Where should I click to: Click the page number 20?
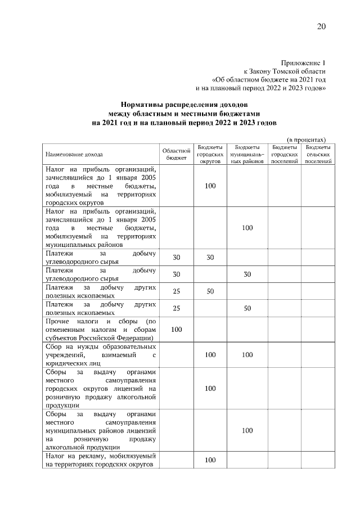321,26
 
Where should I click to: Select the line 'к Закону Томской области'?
284,71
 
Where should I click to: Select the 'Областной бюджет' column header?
176,154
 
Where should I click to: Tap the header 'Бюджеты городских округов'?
210,154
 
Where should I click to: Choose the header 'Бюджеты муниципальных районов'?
247,154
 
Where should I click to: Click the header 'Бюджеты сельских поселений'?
318,154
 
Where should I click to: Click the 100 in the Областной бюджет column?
176,329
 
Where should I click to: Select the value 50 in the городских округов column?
210,291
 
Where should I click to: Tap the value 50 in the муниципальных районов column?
247,308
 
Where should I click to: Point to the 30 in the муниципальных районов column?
247,274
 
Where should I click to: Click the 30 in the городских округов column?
210,257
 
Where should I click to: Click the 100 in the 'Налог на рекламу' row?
210,460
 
